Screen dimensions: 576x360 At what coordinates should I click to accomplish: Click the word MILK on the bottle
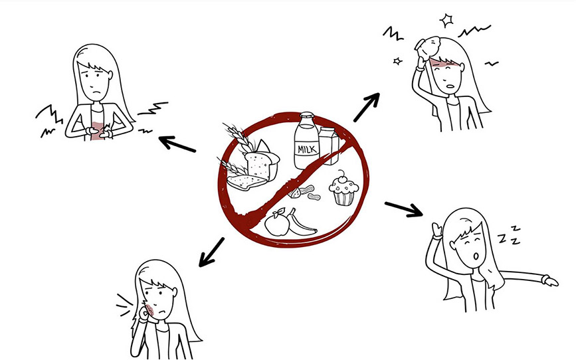pos(306,149)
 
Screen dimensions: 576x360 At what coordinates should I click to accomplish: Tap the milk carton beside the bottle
pos(329,145)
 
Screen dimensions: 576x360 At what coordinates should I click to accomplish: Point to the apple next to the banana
pos(277,223)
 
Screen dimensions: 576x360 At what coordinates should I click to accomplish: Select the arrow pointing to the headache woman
pos(367,107)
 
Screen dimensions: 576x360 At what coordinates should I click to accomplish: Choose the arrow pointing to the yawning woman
pos(404,209)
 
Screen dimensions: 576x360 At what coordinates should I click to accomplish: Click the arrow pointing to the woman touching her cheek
pos(211,252)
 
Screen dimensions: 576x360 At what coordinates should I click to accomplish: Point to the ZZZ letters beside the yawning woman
pos(510,236)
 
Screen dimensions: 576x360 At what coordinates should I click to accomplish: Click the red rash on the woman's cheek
pos(149,310)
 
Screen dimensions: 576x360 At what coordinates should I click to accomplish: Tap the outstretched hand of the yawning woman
pos(550,282)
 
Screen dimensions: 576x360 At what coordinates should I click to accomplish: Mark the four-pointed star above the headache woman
pos(446,21)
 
